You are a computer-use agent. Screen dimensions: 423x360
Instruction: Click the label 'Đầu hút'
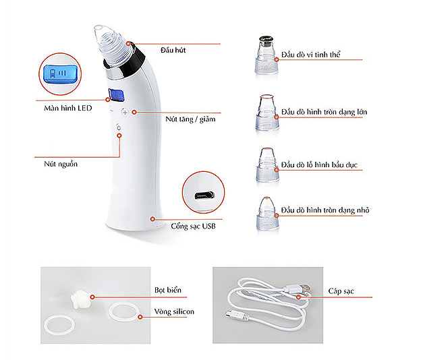click(173, 50)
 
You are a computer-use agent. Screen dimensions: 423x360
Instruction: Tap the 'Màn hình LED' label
click(68, 108)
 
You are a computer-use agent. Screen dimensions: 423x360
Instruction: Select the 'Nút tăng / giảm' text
click(190, 119)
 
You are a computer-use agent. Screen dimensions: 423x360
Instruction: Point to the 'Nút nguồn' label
click(61, 164)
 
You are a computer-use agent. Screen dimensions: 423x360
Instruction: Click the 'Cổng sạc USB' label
click(193, 226)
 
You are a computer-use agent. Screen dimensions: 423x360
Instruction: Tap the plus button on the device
click(125, 112)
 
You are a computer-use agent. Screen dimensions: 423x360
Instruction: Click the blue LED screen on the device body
click(116, 95)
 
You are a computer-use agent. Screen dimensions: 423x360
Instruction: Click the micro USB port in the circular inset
click(204, 196)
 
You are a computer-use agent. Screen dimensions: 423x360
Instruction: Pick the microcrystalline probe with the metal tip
click(266, 55)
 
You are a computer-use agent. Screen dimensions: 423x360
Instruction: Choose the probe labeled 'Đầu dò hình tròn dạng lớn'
click(266, 113)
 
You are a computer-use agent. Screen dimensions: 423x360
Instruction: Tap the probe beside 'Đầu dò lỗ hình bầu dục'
click(267, 164)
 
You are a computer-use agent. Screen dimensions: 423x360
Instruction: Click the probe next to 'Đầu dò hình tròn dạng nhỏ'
click(267, 214)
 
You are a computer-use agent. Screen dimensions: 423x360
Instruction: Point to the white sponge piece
click(80, 299)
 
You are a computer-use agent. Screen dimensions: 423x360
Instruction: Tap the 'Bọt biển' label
click(168, 290)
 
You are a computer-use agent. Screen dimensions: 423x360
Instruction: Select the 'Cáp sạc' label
click(341, 291)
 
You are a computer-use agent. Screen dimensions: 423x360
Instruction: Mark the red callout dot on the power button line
click(119, 136)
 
